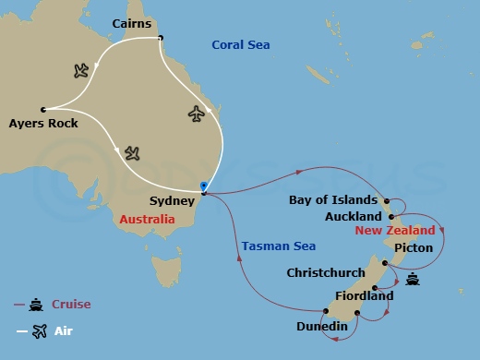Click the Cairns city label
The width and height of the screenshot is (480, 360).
click(x=131, y=22)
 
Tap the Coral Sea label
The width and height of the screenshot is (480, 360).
click(x=242, y=44)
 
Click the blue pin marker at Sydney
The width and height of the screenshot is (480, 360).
click(x=202, y=186)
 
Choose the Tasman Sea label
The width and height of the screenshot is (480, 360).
click(x=279, y=246)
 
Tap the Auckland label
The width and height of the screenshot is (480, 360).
click(x=353, y=216)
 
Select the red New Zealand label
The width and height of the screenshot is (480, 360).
click(x=394, y=230)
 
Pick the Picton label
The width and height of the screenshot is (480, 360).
click(x=413, y=247)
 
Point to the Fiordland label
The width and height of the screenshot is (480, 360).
click(x=365, y=295)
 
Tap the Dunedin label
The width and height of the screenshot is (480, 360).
click(x=321, y=326)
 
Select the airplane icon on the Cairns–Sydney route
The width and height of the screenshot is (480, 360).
click(x=195, y=114)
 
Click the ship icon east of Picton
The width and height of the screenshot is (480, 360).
click(x=413, y=280)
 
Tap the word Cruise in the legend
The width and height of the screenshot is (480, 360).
click(x=72, y=304)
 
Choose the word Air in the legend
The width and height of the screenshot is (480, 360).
click(x=62, y=330)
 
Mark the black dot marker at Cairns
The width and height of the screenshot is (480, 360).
click(x=161, y=38)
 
